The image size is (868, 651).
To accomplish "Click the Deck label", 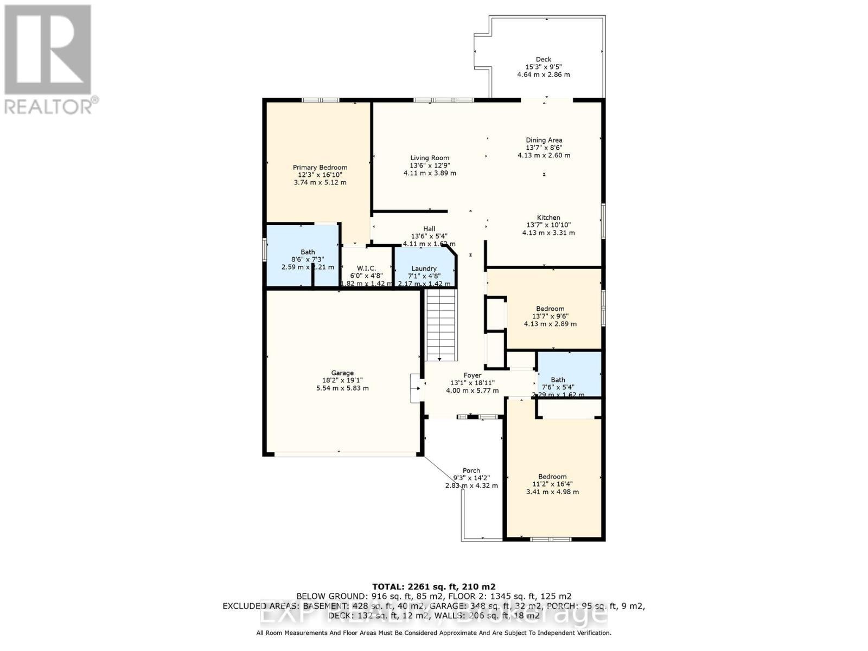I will click(543, 60).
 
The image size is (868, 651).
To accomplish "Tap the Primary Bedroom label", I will click(320, 168).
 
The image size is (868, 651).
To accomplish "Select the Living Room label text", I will click(430, 158).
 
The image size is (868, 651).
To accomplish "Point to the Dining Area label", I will click(544, 140).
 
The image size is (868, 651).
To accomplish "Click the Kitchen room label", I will click(548, 218).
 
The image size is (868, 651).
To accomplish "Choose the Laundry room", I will click(424, 269).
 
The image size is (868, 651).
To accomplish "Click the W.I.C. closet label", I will click(367, 269).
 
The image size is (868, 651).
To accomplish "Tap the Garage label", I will click(342, 373).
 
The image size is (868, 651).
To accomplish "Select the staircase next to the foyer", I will click(440, 325).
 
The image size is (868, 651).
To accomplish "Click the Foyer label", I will click(472, 375).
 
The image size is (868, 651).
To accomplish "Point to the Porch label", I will click(471, 470).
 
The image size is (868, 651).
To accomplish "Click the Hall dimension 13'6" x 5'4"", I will click(429, 237).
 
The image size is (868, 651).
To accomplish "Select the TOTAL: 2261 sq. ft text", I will click(433, 586).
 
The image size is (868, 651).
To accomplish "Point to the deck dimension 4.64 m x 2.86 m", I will click(543, 75).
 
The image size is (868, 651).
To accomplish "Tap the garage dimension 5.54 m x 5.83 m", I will click(342, 388).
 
